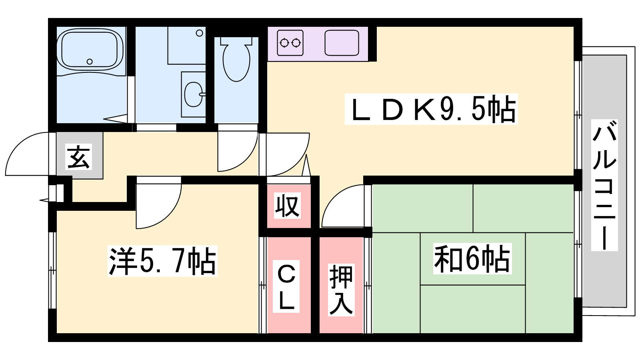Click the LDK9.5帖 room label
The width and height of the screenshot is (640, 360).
[x=431, y=109]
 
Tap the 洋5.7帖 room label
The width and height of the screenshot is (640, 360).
[x=162, y=261]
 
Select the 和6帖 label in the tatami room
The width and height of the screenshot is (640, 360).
[x=472, y=259]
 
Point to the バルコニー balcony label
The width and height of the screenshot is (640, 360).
[x=604, y=185]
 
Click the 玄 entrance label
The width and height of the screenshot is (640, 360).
[x=79, y=157]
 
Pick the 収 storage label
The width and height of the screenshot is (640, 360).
[x=287, y=206]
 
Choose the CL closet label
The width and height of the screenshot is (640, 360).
[x=286, y=286]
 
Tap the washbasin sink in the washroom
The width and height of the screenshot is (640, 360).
[x=194, y=94]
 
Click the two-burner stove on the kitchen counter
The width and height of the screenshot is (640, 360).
[x=290, y=42]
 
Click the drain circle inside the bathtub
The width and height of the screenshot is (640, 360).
[x=90, y=62]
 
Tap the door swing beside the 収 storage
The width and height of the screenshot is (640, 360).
[x=343, y=206]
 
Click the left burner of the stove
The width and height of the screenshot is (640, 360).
[x=284, y=42]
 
